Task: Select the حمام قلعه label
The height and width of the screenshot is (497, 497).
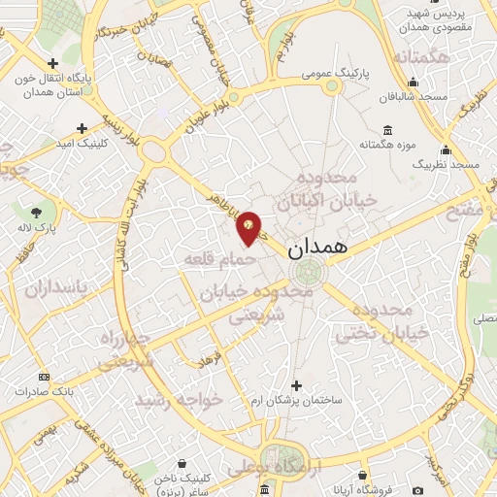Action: (x=220, y=259)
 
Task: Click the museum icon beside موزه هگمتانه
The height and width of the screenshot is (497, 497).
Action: (x=387, y=131)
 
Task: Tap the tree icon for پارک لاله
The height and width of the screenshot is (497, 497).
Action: (x=36, y=212)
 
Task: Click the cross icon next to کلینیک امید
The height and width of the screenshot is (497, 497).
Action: (x=83, y=128)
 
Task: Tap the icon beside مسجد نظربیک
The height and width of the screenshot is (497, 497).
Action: (x=446, y=149)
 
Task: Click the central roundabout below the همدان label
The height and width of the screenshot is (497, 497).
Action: (x=316, y=274)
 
